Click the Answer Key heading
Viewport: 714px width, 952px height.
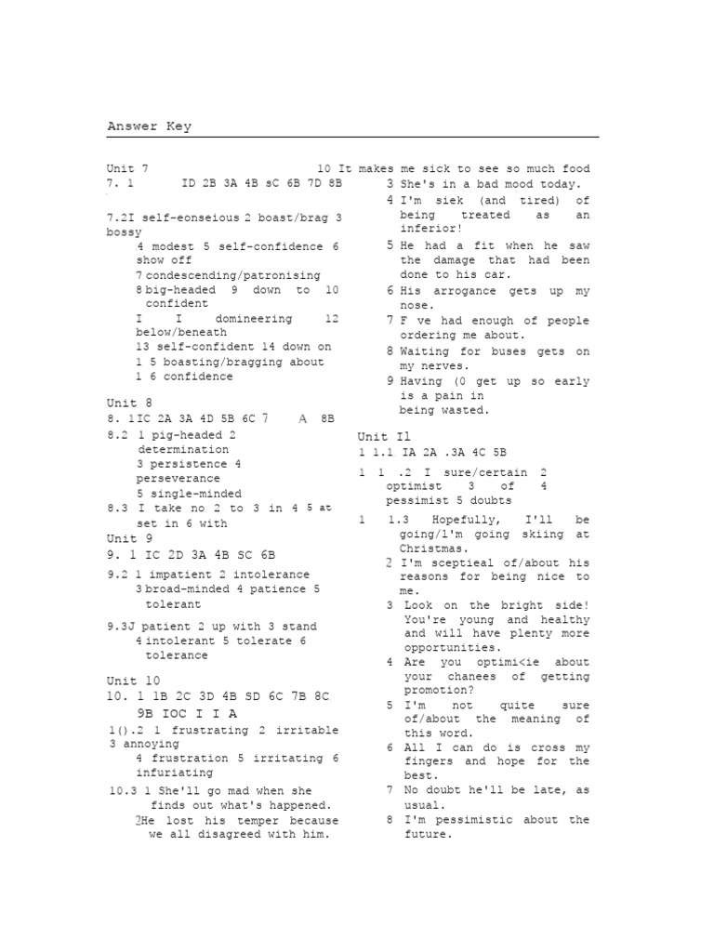149,126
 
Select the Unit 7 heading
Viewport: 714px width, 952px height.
127,169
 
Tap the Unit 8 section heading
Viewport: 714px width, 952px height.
129,403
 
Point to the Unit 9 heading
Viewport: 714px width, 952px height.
129,538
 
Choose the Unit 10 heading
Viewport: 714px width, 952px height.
134,681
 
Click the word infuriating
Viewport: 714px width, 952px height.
175,773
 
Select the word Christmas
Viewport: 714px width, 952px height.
434,549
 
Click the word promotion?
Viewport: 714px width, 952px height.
439,691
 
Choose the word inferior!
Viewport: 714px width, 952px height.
430,229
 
